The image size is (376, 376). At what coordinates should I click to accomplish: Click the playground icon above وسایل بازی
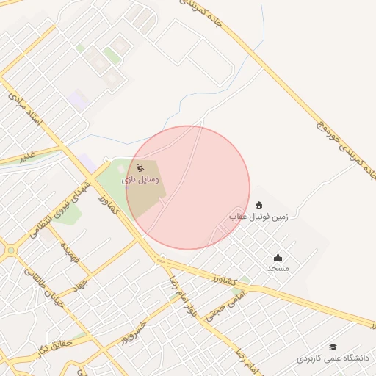[142, 167]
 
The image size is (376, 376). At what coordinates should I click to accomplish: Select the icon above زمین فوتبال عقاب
[258, 206]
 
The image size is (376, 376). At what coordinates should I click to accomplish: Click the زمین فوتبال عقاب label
[260, 217]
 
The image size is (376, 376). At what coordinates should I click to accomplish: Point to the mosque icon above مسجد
[278, 257]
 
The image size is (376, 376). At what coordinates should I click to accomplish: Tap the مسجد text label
[278, 268]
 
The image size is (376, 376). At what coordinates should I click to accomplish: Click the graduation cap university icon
[333, 347]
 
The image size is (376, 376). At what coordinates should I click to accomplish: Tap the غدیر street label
[27, 156]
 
